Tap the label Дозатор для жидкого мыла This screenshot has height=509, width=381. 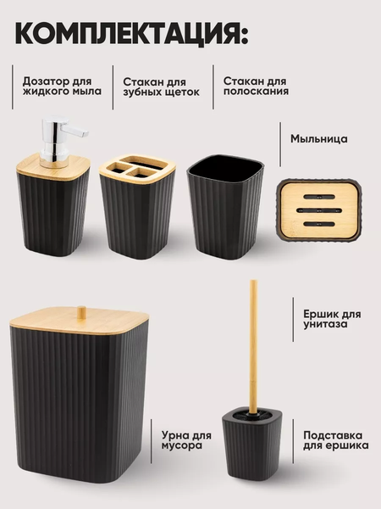(62, 86)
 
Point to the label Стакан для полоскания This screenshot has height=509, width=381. (256, 86)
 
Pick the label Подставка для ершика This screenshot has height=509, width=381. (335, 439)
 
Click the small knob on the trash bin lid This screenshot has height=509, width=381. (81, 311)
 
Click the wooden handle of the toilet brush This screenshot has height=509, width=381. (252, 339)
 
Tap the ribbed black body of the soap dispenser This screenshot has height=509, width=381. (52, 216)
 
